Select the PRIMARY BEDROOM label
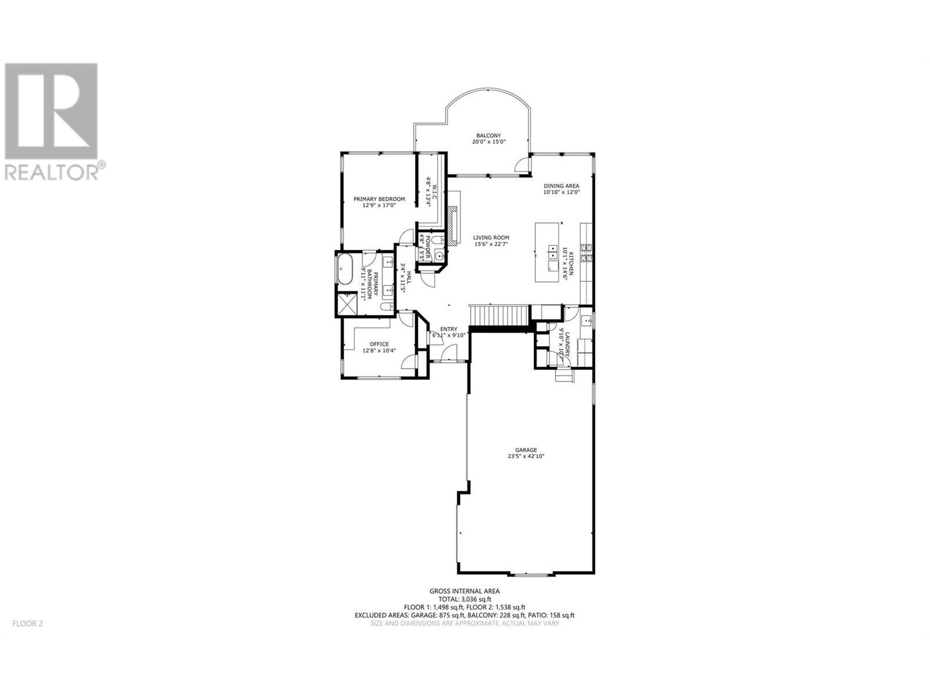click(379, 199)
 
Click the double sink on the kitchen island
click(550, 253)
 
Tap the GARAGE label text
click(525, 450)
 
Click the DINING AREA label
click(561, 186)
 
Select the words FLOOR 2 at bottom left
click(27, 624)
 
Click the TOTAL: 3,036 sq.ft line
click(464, 599)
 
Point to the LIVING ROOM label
click(491, 238)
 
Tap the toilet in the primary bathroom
click(387, 307)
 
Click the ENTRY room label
click(448, 329)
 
